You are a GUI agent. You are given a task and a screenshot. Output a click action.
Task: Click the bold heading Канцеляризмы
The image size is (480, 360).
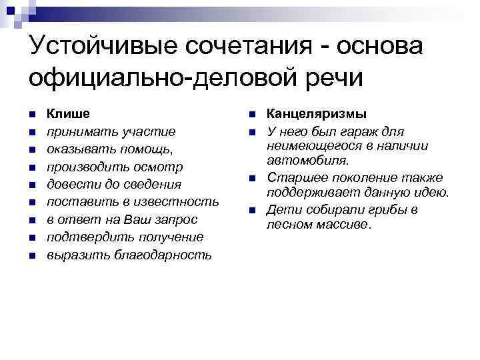pyautogui.click(x=317, y=113)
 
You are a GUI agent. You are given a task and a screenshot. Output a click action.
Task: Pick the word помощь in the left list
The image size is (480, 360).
pyautogui.click(x=149, y=148)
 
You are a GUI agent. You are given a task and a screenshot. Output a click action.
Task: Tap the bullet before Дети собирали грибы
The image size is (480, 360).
pyautogui.click(x=253, y=211)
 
